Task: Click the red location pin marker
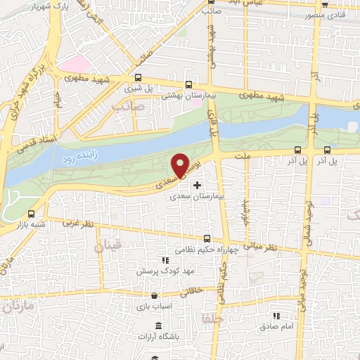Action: point(181,165)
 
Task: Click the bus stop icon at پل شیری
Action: point(138,79)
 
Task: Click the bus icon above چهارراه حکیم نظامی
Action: point(207,238)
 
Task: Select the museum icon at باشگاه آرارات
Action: point(157,326)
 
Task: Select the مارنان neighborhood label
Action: point(17,307)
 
